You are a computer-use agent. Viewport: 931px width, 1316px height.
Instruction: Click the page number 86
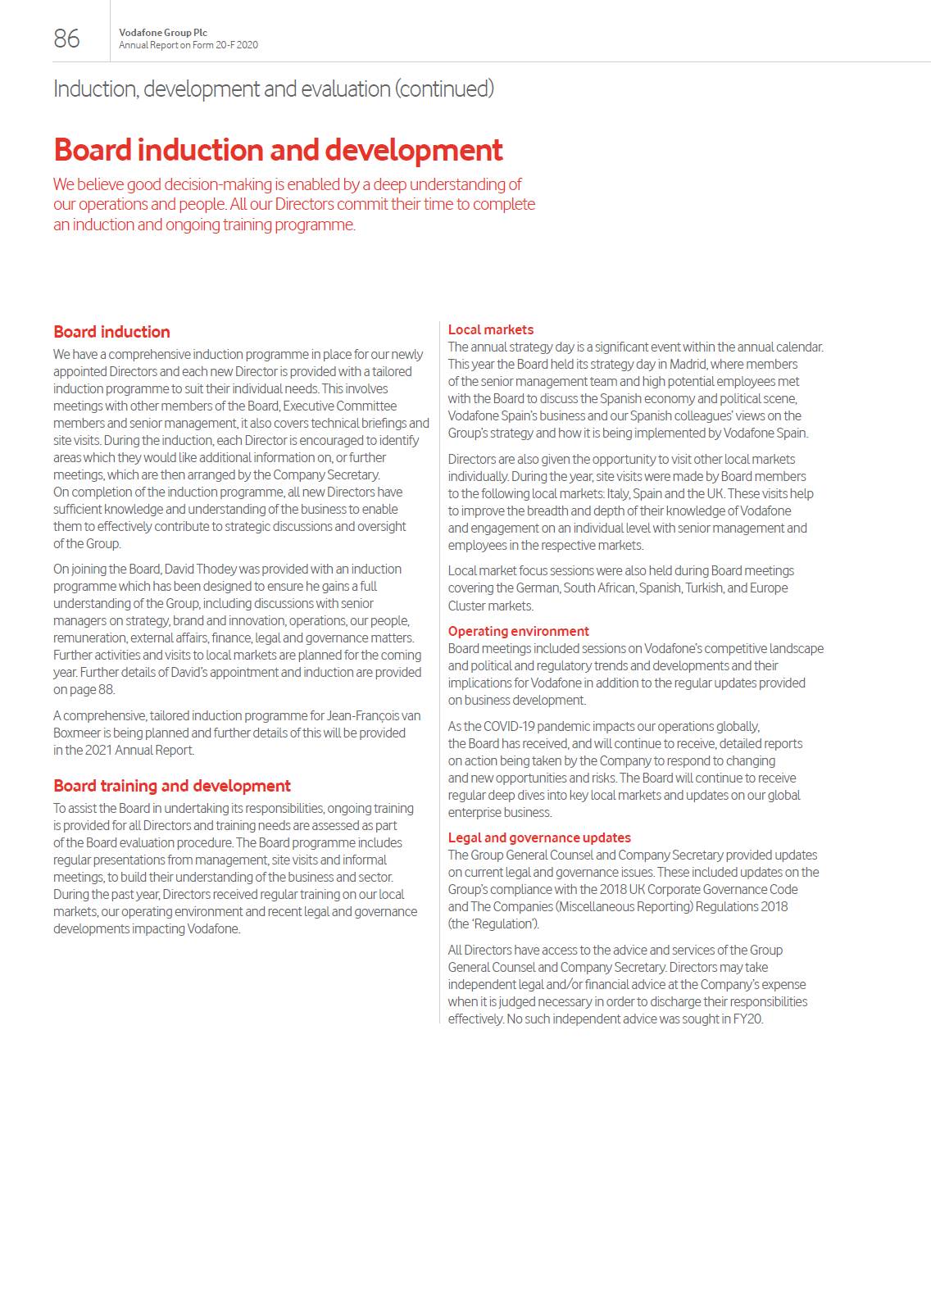(66, 39)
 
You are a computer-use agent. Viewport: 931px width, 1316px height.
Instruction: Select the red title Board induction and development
(278, 150)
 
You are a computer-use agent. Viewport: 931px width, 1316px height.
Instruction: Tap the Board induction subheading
(111, 332)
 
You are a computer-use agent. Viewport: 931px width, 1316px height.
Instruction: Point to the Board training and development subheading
(172, 786)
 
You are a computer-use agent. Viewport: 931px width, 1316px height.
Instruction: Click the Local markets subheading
(490, 329)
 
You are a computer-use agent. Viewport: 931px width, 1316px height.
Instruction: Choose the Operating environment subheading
(518, 631)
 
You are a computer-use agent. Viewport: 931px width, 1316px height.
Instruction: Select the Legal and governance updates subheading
(539, 837)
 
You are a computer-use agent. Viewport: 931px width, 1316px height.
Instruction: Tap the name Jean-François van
(368, 715)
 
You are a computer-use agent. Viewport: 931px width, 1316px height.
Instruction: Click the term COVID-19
(512, 726)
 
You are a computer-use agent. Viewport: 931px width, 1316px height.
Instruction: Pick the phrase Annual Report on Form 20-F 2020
(188, 45)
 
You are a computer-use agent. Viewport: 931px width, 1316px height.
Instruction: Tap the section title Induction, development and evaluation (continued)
(274, 88)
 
